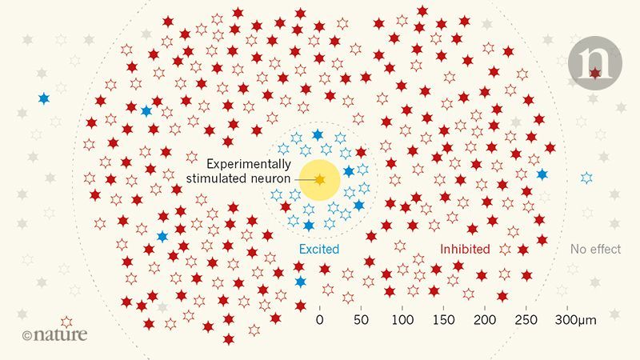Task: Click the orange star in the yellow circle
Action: [319, 180]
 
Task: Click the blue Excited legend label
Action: [319, 250]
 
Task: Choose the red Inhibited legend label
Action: [465, 250]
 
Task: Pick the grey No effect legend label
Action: [595, 250]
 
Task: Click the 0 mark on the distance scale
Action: [320, 320]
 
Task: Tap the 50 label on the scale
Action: [362, 320]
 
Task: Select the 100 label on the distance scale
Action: [402, 320]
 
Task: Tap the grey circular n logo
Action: [593, 61]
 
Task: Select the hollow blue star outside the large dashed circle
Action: [588, 177]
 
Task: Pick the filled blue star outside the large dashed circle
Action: [43, 99]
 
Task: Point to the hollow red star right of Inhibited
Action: [504, 250]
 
